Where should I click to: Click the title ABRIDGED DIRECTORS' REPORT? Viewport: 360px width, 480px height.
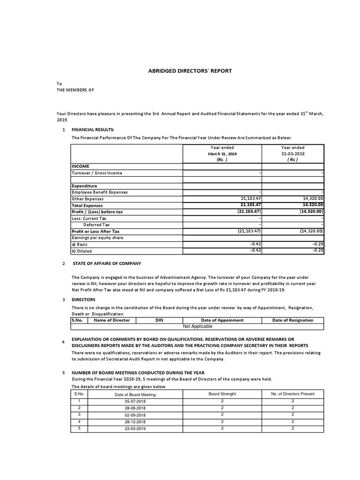pyautogui.click(x=190, y=71)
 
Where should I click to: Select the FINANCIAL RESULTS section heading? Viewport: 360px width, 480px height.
pyautogui.click(x=93, y=129)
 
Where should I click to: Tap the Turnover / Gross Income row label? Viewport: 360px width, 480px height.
pyautogui.click(x=97, y=173)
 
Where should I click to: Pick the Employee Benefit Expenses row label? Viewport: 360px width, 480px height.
pyautogui.click(x=99, y=192)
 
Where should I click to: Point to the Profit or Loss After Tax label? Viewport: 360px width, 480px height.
pyautogui.click(x=95, y=231)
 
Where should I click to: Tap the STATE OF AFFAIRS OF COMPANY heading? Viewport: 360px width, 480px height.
pyautogui.click(x=106, y=264)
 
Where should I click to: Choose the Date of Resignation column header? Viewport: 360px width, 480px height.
pyautogui.click(x=293, y=320)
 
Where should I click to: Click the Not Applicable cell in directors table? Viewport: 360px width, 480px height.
pyautogui.click(x=197, y=326)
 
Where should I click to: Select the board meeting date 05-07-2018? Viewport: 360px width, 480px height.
pyautogui.click(x=135, y=402)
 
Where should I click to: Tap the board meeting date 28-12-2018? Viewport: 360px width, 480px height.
pyautogui.click(x=135, y=422)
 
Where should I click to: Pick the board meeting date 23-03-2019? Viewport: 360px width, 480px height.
pyautogui.click(x=135, y=428)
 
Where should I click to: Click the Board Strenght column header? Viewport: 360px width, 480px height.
pyautogui.click(x=222, y=394)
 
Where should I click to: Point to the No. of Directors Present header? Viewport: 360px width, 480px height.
pyautogui.click(x=293, y=394)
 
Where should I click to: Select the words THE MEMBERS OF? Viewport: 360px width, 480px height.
pyautogui.click(x=75, y=90)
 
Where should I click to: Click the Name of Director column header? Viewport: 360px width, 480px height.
pyautogui.click(x=112, y=320)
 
